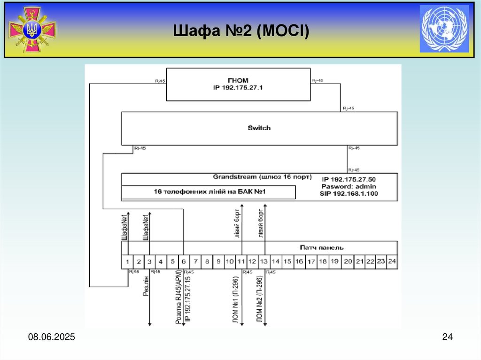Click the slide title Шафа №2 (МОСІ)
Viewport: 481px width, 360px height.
coord(241,31)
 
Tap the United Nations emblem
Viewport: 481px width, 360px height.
coord(444,29)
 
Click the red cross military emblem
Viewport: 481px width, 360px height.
coord(32,29)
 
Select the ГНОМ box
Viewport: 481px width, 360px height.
coord(238,84)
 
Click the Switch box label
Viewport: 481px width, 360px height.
coord(259,128)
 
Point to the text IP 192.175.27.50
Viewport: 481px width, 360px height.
coord(349,179)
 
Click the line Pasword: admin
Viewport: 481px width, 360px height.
coord(349,186)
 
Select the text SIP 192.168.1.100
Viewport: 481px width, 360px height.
coord(349,193)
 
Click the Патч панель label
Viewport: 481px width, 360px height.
coord(322,247)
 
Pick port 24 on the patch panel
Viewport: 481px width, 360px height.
coord(392,261)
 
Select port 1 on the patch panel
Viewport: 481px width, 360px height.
coord(127,261)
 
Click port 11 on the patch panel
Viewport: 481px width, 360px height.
coord(240,261)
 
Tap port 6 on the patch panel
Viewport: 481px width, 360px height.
coord(184,261)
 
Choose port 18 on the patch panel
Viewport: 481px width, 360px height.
coord(323,261)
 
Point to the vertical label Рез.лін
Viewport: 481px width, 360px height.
coord(145,286)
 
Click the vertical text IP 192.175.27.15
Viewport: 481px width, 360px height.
coord(187,299)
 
